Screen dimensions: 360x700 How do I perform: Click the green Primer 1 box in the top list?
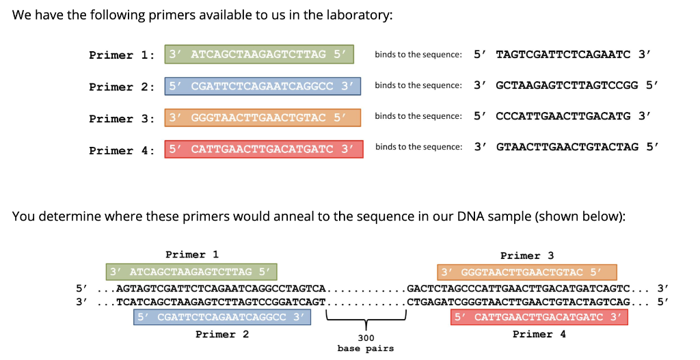[259, 55]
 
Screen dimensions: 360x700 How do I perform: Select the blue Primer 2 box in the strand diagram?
[221, 317]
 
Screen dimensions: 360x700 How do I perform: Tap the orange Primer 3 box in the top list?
[262, 117]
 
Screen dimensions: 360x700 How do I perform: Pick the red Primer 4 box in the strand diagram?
[539, 317]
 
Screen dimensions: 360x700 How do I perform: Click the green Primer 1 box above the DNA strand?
[191, 272]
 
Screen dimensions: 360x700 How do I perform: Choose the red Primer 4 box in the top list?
[264, 149]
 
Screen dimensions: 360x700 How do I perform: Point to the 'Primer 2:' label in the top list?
[122, 87]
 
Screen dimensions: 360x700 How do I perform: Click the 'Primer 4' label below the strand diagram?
[539, 334]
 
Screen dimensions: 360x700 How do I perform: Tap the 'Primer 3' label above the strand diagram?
[527, 255]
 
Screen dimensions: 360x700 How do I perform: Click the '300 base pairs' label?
[366, 343]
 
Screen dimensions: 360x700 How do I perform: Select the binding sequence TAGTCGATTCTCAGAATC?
[563, 54]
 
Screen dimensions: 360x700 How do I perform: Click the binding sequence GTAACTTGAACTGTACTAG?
[567, 147]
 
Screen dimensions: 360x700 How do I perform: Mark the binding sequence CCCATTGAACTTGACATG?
[563, 115]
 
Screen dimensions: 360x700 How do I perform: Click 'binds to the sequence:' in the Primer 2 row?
[418, 85]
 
